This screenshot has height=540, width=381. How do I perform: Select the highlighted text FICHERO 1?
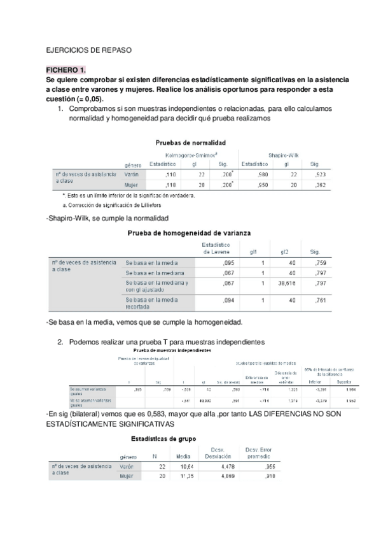click(x=66, y=69)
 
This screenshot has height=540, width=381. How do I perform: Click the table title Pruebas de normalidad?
click(x=191, y=143)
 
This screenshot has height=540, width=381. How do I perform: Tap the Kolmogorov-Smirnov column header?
click(x=192, y=155)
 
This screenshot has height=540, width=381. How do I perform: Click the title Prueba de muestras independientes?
click(x=172, y=351)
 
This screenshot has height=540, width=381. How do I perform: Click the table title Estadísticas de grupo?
click(x=163, y=439)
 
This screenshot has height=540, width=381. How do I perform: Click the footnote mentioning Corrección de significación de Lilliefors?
click(x=118, y=205)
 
